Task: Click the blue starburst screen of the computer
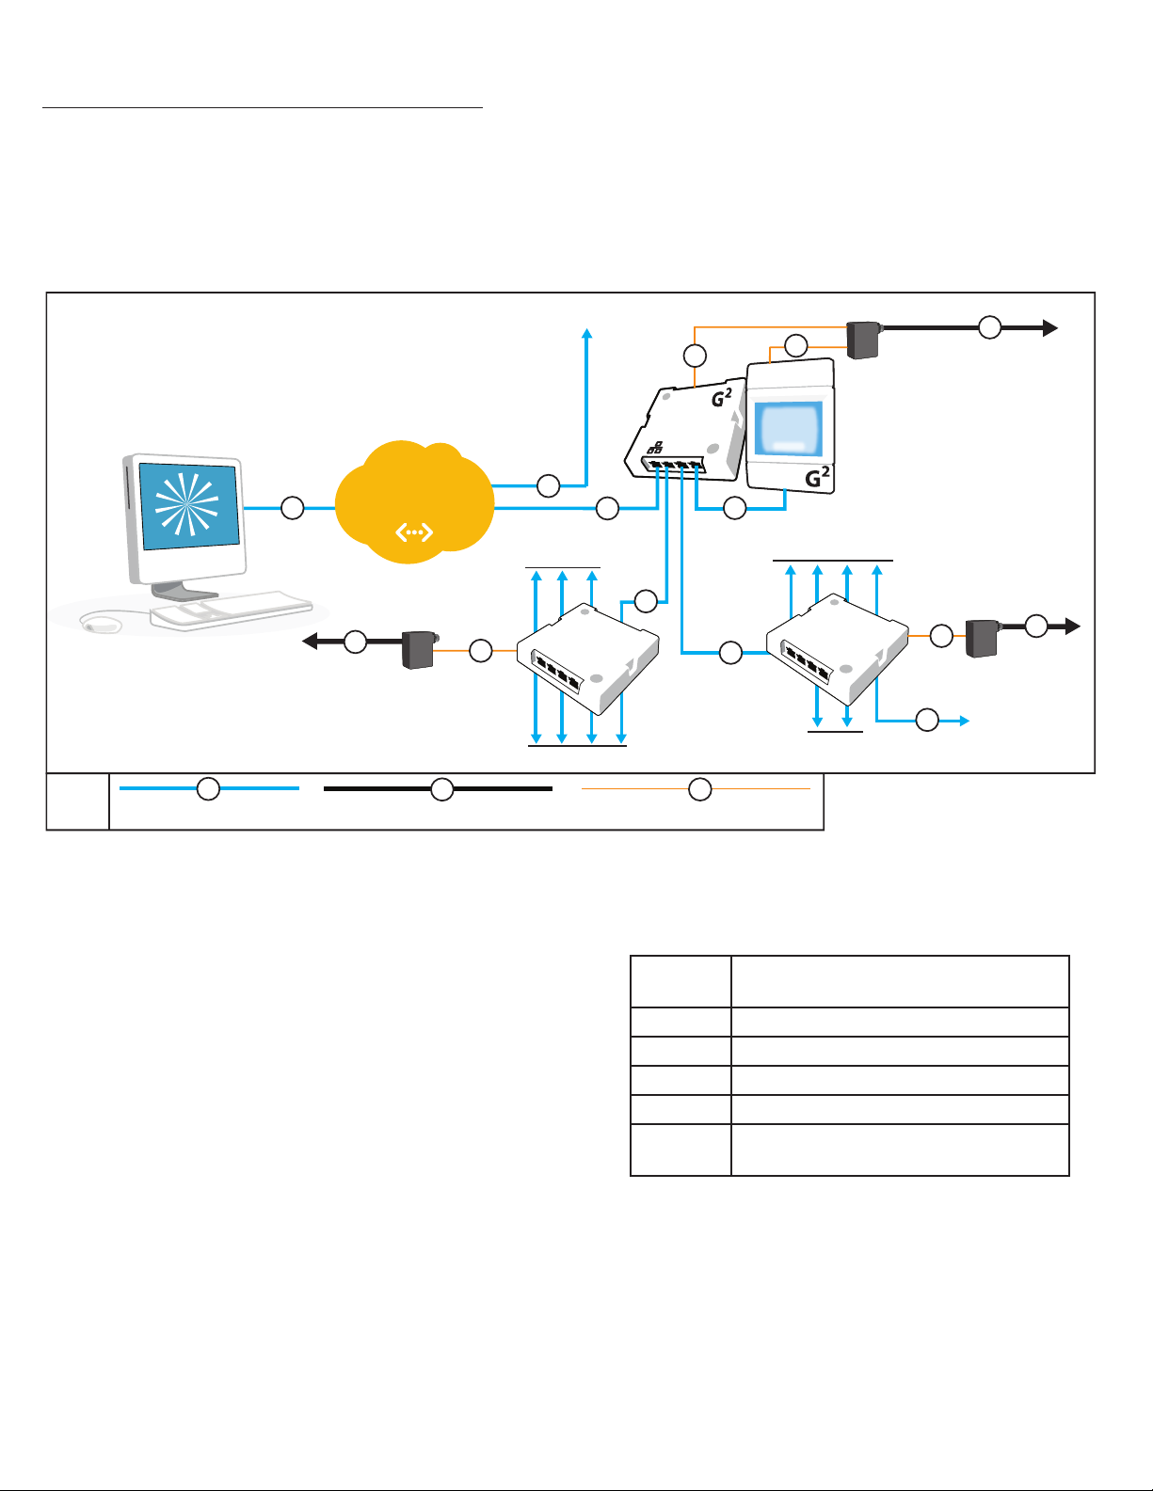pyautogui.click(x=189, y=505)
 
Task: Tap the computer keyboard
pyautogui.click(x=232, y=610)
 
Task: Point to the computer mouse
pyautogui.click(x=100, y=623)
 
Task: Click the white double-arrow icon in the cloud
pyautogui.click(x=414, y=531)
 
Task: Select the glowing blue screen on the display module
pyautogui.click(x=789, y=428)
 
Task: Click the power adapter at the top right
pyautogui.click(x=863, y=340)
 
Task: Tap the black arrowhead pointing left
pyautogui.click(x=311, y=641)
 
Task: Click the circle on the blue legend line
pyautogui.click(x=208, y=788)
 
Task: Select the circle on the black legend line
pyautogui.click(x=442, y=789)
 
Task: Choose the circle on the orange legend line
pyautogui.click(x=700, y=789)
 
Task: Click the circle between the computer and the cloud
pyautogui.click(x=293, y=508)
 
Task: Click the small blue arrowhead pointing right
pyautogui.click(x=964, y=721)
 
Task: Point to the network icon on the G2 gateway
pyautogui.click(x=655, y=448)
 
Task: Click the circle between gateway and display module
pyautogui.click(x=735, y=508)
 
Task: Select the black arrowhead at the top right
pyautogui.click(x=1050, y=328)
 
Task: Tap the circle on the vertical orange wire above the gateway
pyautogui.click(x=696, y=356)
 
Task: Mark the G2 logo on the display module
pyautogui.click(x=817, y=477)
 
